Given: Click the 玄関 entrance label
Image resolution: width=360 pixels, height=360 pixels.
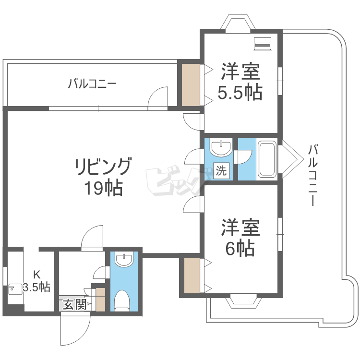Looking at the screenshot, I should pyautogui.click(x=75, y=304).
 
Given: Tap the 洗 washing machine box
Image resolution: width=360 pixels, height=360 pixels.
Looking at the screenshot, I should pyautogui.click(x=222, y=170).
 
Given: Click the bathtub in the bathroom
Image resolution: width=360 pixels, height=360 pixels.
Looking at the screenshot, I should pyautogui.click(x=267, y=158).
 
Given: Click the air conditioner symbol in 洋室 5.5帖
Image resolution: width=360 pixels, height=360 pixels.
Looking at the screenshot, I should pyautogui.click(x=262, y=44).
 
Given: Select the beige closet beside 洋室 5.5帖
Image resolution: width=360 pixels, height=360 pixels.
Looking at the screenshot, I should pyautogui.click(x=191, y=84).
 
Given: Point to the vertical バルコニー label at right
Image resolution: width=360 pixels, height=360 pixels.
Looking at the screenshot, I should pyautogui.click(x=313, y=175).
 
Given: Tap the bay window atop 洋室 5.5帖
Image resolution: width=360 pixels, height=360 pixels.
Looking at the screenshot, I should pyautogui.click(x=239, y=24).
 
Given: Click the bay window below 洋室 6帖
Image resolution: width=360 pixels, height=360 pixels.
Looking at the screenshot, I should pyautogui.click(x=244, y=301).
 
